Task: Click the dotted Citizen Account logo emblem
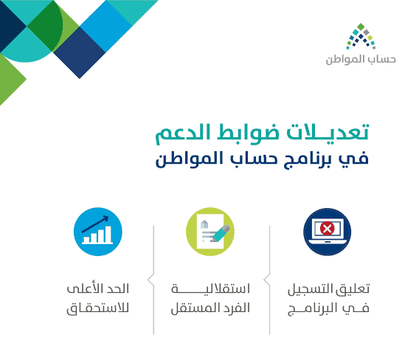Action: coord(361,36)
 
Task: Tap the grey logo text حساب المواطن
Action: coord(361,60)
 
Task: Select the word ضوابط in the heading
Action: coord(248,133)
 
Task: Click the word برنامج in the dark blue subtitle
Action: coord(308,160)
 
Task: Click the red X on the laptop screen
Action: coord(327,229)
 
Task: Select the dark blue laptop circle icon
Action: coord(327,232)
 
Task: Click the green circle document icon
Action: coord(210,232)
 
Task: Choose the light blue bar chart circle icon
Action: coord(98,232)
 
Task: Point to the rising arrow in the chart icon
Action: coord(95,224)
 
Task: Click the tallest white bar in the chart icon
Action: coord(108,235)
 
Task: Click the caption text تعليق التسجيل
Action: coord(328,289)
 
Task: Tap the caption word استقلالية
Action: coord(210,289)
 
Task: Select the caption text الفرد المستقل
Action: coord(210,308)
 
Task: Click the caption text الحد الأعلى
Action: coord(98,288)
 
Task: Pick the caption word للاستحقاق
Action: coord(98,308)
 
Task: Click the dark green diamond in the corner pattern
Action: coord(45,26)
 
